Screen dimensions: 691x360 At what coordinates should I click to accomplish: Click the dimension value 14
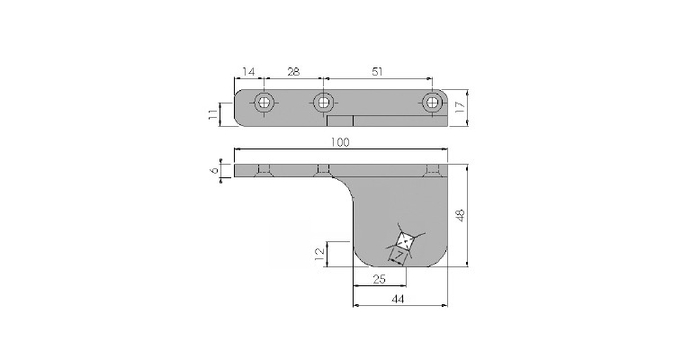[248, 71]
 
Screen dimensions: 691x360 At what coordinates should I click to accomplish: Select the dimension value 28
[293, 71]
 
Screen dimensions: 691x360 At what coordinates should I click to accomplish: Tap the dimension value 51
[377, 71]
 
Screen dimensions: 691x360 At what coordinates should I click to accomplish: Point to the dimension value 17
[460, 107]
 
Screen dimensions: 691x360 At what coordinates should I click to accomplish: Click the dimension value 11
[213, 115]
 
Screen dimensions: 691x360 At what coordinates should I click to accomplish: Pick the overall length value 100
[340, 142]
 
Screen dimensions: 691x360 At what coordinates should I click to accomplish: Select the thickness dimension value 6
[215, 170]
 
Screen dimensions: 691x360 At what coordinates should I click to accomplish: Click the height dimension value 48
[460, 215]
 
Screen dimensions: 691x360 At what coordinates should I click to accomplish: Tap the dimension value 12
[320, 254]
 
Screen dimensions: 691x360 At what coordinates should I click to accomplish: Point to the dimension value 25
[379, 279]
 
